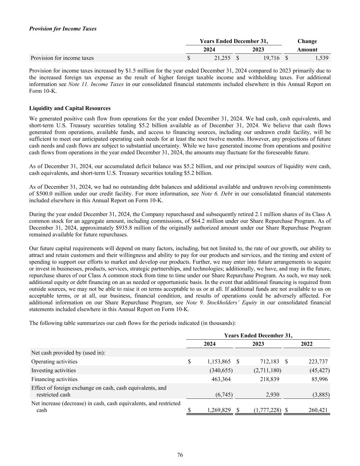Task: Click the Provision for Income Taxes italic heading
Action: click(x=63, y=29)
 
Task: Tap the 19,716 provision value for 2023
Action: click(x=271, y=58)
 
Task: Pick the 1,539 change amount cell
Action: click(x=321, y=58)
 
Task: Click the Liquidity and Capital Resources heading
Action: click(x=70, y=108)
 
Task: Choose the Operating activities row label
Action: click(x=54, y=362)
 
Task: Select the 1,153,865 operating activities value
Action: click(x=218, y=362)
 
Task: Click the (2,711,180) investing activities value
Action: click(x=267, y=370)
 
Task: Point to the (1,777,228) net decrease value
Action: click(x=267, y=410)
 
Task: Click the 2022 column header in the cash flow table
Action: click(x=306, y=344)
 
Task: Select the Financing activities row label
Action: click(x=54, y=379)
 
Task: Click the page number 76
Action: click(x=180, y=455)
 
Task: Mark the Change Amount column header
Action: click(x=307, y=45)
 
